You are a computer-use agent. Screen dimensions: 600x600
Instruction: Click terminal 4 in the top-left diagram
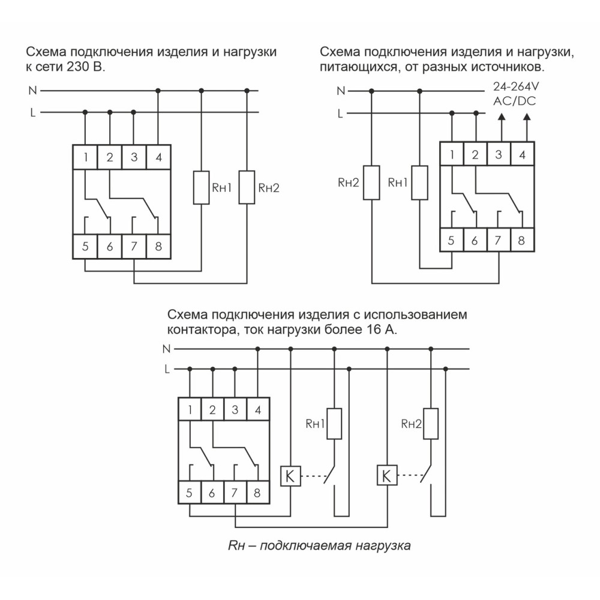coord(158,157)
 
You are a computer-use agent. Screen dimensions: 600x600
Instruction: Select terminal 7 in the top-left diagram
coord(134,247)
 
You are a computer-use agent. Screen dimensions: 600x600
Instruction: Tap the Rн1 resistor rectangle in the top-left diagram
coord(201,187)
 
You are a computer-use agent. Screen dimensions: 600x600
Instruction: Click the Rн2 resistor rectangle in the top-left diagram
coord(247,187)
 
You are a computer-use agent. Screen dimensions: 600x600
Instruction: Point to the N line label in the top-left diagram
coord(33,91)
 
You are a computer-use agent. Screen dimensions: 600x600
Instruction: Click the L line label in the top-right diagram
coord(340,113)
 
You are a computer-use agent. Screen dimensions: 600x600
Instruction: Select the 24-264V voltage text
coord(516,86)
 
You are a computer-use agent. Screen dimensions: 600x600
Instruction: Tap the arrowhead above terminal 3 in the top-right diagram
coord(502,117)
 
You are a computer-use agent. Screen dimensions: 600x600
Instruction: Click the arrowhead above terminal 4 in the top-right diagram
coord(527,117)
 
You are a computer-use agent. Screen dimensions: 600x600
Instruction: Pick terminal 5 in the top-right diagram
coord(452,241)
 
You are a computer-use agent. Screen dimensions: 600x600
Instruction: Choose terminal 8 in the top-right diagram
coord(522,241)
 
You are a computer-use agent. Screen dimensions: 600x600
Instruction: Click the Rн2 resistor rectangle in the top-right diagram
coord(371,182)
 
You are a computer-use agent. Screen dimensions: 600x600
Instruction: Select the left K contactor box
coord(290,476)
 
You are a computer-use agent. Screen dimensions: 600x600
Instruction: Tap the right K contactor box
coord(387,476)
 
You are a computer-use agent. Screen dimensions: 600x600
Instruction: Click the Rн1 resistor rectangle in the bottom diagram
coord(334,424)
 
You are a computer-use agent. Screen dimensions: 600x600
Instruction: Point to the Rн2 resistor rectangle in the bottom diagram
coord(431,424)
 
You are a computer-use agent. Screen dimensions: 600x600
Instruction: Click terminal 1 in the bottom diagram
coord(190,409)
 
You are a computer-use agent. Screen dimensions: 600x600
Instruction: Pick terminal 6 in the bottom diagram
coord(212,493)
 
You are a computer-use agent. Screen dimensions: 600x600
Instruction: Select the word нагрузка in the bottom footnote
coord(383,545)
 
